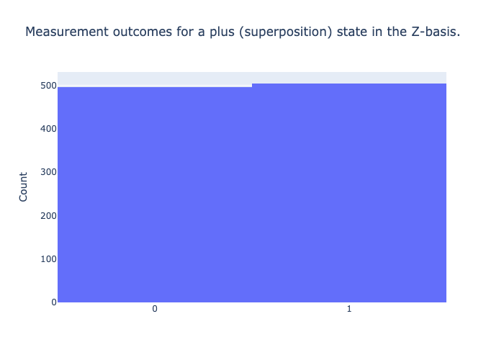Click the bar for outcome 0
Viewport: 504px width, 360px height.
[155, 194]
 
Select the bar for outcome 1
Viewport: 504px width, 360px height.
[349, 193]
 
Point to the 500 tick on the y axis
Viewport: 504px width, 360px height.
[48, 86]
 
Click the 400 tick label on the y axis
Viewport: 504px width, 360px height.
[48, 129]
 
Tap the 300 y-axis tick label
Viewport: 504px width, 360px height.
[48, 172]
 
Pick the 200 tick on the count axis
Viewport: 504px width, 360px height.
[48, 216]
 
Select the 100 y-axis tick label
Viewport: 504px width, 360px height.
[48, 259]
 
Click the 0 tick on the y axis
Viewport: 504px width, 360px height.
[54, 302]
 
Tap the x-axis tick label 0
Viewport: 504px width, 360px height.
[155, 309]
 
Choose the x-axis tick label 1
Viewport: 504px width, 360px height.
[349, 309]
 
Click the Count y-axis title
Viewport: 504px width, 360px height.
[23, 186]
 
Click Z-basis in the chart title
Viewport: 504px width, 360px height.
[436, 32]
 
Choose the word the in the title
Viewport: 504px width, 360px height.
[397, 32]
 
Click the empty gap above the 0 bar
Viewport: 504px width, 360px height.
[155, 79]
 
